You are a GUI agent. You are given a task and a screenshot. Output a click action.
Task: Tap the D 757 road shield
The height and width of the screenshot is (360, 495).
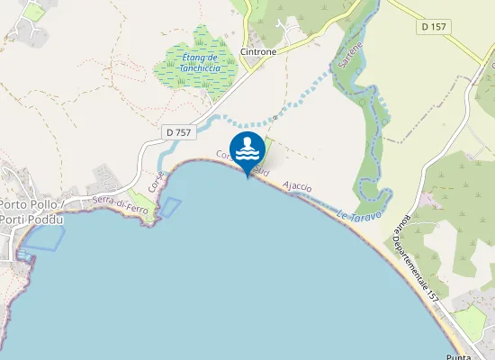179,132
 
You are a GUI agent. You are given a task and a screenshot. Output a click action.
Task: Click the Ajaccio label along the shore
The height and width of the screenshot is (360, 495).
296,186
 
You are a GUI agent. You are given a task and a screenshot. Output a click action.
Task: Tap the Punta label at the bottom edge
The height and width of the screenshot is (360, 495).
458,355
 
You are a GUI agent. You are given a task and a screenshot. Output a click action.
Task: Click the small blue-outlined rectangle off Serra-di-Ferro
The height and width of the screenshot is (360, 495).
169,206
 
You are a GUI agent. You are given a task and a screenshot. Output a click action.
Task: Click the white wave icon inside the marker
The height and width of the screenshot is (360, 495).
247,145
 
